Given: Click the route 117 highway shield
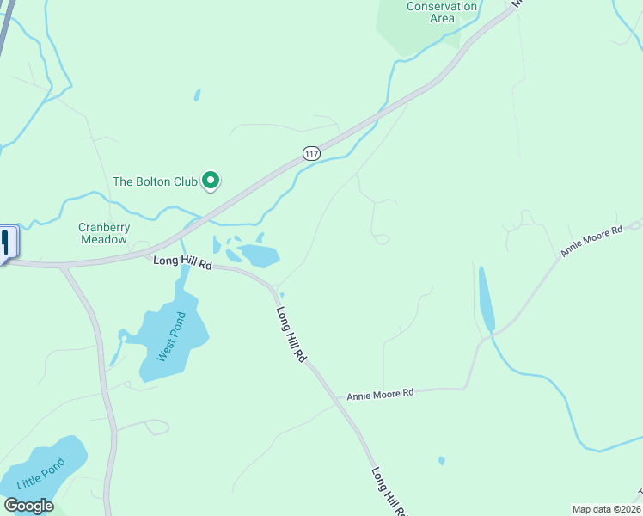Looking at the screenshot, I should pyautogui.click(x=311, y=153).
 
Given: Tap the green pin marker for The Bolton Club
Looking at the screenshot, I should pyautogui.click(x=211, y=181).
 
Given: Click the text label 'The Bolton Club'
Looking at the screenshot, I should pyautogui.click(x=155, y=181).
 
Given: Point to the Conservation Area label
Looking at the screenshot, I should pyautogui.click(x=442, y=12).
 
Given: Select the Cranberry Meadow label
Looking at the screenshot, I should pyautogui.click(x=104, y=233).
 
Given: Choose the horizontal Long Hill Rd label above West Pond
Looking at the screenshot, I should pyautogui.click(x=182, y=263).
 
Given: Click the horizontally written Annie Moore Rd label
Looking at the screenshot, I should pyautogui.click(x=380, y=394).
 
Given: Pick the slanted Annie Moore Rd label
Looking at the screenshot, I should pyautogui.click(x=591, y=242).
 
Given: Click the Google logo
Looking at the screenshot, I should pyautogui.click(x=28, y=506).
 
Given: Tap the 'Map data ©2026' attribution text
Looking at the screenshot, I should pyautogui.click(x=606, y=509).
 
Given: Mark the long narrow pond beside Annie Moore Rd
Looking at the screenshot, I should pyautogui.click(x=486, y=298).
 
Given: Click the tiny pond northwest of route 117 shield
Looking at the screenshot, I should pyautogui.click(x=198, y=95).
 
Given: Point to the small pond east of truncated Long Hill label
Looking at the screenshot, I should pyautogui.click(x=442, y=461).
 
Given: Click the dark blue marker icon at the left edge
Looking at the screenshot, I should pyautogui.click(x=7, y=241).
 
